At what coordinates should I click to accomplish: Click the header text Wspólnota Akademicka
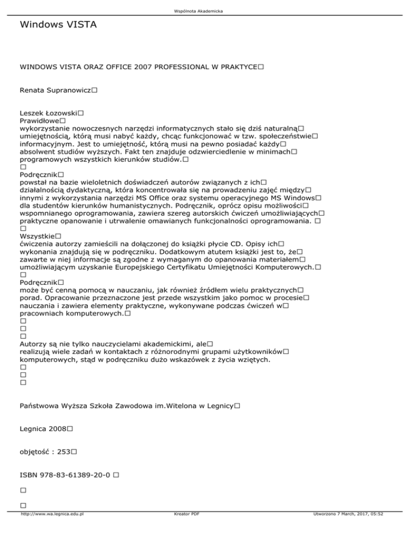click(x=207, y=11)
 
